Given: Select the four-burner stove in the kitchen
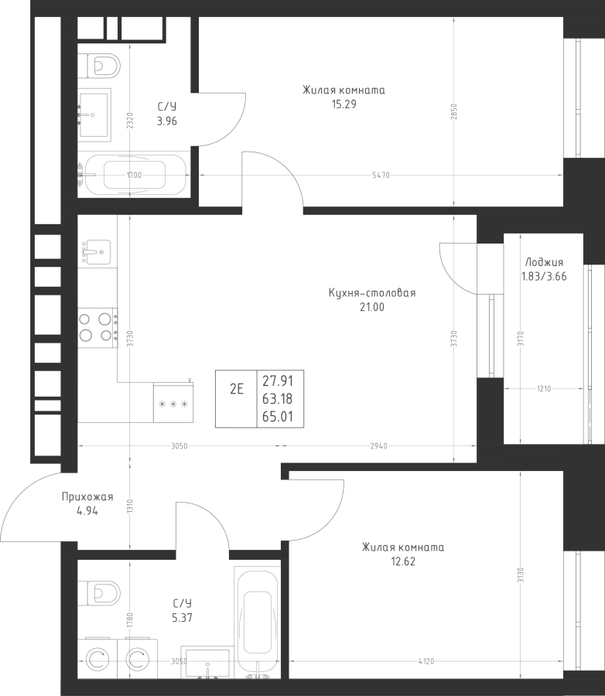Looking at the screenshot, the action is click(97, 328).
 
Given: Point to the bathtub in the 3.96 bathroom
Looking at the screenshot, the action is click(134, 175).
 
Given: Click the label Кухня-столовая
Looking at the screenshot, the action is click(372, 293).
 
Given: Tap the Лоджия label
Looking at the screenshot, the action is click(544, 262).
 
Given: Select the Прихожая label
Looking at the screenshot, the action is click(87, 496).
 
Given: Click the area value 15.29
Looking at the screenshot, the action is click(344, 104).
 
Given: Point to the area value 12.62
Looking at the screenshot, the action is click(403, 561).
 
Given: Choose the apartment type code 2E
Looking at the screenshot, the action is click(237, 389).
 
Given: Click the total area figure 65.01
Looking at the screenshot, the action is click(277, 417).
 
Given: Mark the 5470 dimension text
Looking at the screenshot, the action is click(381, 176).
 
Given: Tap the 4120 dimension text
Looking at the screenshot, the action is click(426, 661).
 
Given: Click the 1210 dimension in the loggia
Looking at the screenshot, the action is click(544, 389).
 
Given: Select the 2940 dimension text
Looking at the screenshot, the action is click(378, 446).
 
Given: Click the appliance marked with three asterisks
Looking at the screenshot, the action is click(173, 403).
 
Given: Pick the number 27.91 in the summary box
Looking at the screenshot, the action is click(277, 380).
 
